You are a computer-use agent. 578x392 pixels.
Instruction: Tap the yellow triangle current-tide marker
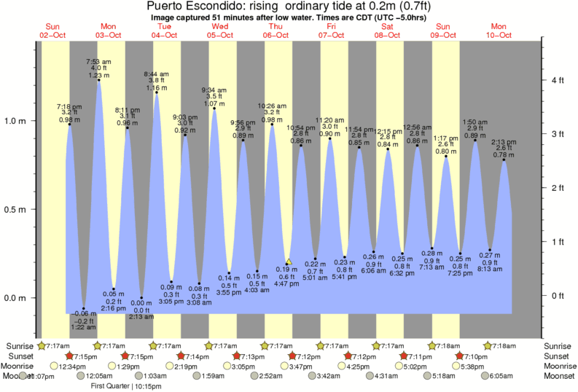(x=289, y=261)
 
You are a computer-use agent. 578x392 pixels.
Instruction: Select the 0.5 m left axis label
(x=17, y=210)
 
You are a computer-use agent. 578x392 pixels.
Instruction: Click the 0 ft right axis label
(x=556, y=295)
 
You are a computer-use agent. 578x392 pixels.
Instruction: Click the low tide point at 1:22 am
(x=84, y=309)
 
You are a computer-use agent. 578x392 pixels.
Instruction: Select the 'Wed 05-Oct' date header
(x=220, y=30)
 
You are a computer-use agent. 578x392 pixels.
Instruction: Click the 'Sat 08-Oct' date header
(x=387, y=30)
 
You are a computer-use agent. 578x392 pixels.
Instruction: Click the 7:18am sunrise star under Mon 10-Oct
(x=489, y=345)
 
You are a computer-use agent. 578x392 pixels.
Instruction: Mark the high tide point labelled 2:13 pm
(x=504, y=160)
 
